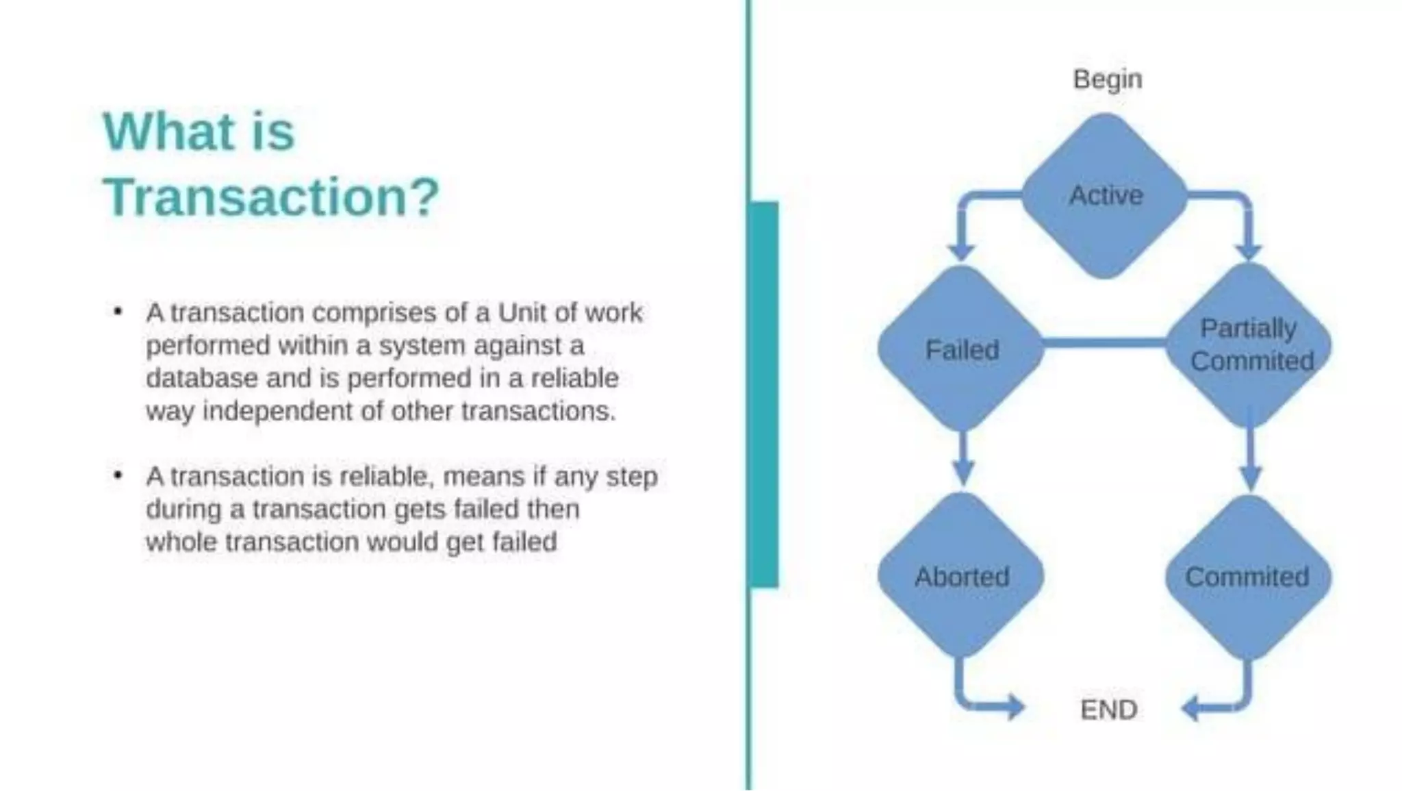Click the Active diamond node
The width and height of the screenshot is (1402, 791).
click(1105, 196)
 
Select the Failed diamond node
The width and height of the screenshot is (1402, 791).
click(961, 349)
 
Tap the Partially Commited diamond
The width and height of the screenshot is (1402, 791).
click(1249, 345)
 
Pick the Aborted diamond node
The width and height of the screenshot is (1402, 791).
click(961, 576)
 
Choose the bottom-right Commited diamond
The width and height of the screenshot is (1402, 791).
click(1248, 577)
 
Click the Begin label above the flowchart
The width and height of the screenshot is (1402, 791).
click(1107, 79)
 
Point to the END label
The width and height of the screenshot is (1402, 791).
click(1108, 710)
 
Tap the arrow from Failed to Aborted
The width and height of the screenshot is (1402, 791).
click(963, 459)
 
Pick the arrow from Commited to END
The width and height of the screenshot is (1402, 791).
click(1225, 705)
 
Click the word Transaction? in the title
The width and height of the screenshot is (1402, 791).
click(271, 197)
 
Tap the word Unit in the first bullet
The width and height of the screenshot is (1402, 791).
click(522, 312)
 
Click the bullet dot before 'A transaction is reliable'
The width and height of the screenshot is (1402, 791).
click(118, 475)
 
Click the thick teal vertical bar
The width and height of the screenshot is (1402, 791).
click(764, 394)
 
